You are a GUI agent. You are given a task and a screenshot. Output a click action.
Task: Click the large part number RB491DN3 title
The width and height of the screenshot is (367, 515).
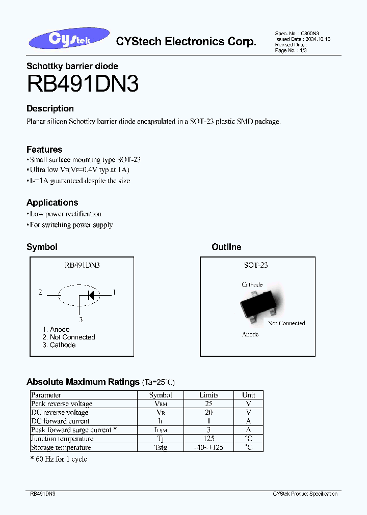(x=83, y=83)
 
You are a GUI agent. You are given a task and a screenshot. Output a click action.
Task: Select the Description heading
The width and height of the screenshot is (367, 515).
(x=50, y=108)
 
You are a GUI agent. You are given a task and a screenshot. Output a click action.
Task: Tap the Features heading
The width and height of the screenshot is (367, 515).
(x=44, y=150)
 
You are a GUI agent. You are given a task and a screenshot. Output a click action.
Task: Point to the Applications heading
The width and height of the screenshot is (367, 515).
(x=52, y=203)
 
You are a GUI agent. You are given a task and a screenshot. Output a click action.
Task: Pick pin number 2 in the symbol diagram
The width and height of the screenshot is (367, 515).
(x=40, y=293)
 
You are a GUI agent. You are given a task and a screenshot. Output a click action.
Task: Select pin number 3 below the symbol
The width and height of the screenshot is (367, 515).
(x=80, y=320)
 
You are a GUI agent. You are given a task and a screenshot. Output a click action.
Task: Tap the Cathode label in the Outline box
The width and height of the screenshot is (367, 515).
(x=252, y=285)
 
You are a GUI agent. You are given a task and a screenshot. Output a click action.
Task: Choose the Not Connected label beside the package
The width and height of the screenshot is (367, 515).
(x=286, y=323)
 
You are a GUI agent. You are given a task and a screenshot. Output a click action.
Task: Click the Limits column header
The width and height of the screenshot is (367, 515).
(x=209, y=395)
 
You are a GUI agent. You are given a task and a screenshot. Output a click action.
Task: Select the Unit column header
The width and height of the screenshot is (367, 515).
(x=249, y=395)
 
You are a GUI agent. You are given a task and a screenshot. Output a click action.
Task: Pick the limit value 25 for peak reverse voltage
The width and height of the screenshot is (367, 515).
(x=209, y=404)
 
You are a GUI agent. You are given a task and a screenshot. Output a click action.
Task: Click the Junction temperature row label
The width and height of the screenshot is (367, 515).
(x=62, y=439)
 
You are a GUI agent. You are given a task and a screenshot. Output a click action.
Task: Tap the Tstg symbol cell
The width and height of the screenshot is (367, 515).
(x=161, y=448)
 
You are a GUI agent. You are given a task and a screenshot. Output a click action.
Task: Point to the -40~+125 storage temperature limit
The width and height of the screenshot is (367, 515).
(x=209, y=448)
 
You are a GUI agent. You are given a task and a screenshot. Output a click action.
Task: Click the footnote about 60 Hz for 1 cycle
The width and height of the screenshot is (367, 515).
(x=59, y=459)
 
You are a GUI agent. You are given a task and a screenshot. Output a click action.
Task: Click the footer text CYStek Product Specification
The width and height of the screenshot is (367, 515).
(x=305, y=494)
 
